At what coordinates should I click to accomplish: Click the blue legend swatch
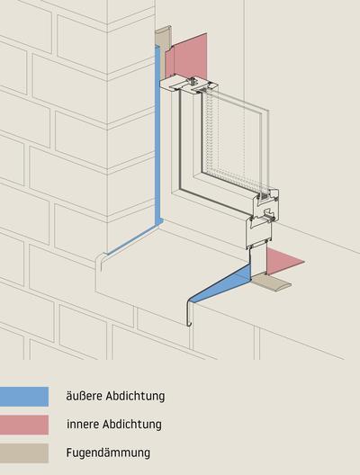(x=24, y=396)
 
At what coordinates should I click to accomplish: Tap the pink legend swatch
(x=24, y=425)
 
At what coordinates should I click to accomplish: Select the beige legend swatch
(x=24, y=453)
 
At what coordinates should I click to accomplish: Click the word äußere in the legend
(x=85, y=396)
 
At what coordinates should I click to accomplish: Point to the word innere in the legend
(x=83, y=424)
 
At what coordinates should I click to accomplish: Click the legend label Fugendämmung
(x=108, y=453)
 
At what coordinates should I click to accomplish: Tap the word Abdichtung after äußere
(x=136, y=396)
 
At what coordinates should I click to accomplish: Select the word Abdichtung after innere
(x=131, y=424)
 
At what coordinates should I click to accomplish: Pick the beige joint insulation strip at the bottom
(x=272, y=283)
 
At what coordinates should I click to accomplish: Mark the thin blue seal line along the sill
(x=131, y=239)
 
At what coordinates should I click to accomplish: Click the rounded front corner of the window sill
(x=100, y=261)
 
